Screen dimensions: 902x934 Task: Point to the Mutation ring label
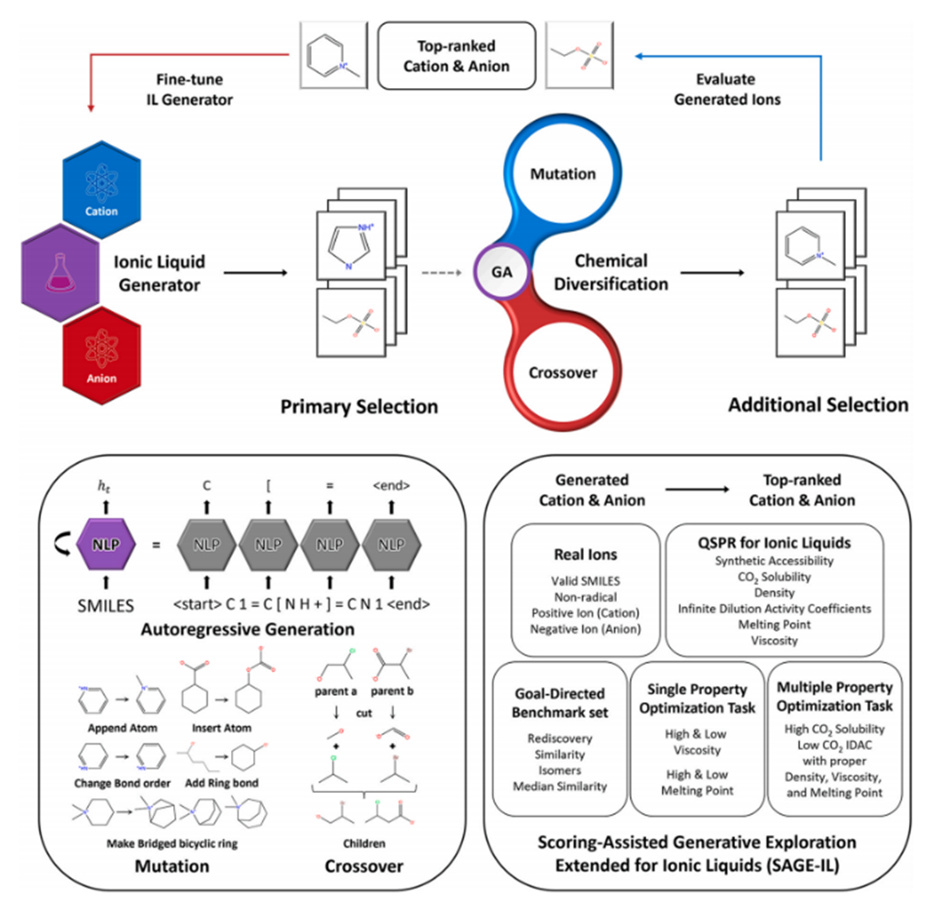click(564, 173)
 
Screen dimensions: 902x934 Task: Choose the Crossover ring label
click(564, 373)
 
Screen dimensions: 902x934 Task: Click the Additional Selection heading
click(818, 404)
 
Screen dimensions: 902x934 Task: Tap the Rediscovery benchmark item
click(560, 738)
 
